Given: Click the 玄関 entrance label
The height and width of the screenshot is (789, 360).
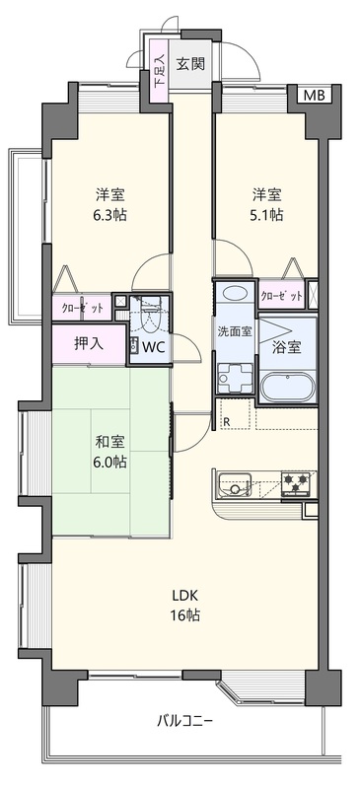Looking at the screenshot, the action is [190, 64].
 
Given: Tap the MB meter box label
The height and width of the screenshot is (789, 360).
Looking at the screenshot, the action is [315, 94].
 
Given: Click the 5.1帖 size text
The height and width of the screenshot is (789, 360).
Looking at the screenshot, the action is [267, 215].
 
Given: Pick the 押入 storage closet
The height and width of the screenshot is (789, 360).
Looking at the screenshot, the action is [89, 343].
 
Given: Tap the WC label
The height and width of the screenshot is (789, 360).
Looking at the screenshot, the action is [154, 347].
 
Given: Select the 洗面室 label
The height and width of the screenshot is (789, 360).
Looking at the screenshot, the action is [235, 331].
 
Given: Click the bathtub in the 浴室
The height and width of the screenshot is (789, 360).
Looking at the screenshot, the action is [288, 388].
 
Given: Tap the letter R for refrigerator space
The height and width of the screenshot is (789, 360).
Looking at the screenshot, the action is [227, 422].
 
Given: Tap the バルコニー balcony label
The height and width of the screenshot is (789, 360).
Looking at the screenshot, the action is [185, 722].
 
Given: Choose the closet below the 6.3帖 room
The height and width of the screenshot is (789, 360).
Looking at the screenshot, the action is [82, 309].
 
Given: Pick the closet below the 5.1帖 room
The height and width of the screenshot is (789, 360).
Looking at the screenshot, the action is [282, 297].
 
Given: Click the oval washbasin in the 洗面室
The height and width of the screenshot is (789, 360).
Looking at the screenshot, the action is [235, 293].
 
